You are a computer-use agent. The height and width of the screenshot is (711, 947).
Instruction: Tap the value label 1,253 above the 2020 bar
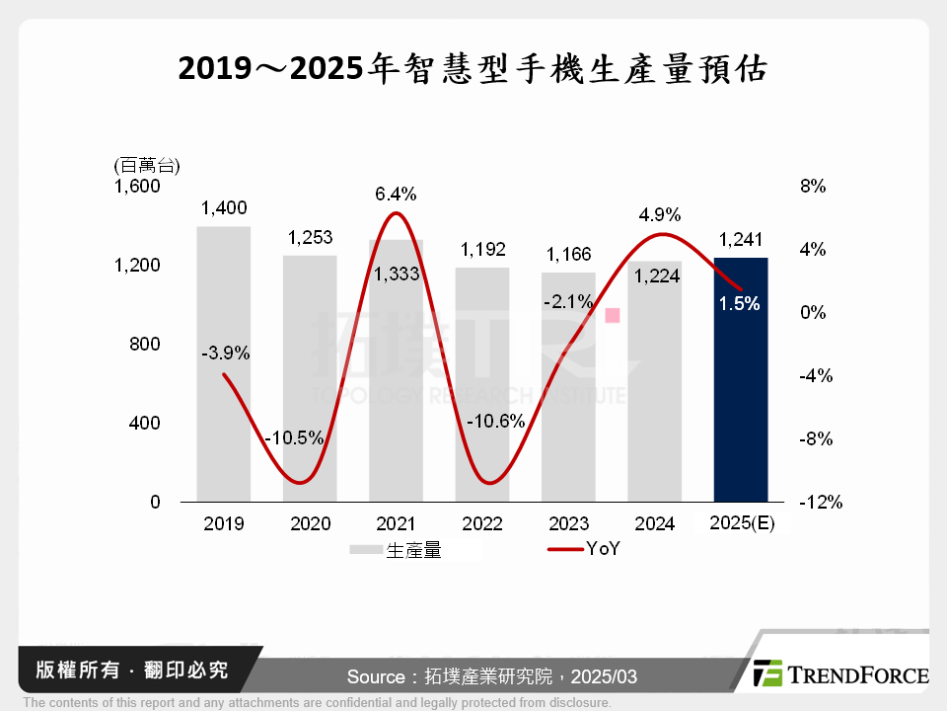pos(310,237)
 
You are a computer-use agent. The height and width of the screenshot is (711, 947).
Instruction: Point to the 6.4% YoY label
pos(395,195)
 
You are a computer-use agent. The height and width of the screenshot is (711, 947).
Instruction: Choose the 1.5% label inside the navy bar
pos(740,304)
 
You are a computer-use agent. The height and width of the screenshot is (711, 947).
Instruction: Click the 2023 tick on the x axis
pos(568,523)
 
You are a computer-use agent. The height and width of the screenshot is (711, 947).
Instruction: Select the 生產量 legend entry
pos(395,551)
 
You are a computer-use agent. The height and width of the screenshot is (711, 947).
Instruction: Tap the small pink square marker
pos(613,315)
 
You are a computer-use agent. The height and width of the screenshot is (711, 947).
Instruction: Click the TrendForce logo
pos(840,674)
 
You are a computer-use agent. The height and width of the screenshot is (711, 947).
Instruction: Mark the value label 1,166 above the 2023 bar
pos(568,254)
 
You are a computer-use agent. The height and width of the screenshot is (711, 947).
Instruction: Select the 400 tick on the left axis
pos(146,424)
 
